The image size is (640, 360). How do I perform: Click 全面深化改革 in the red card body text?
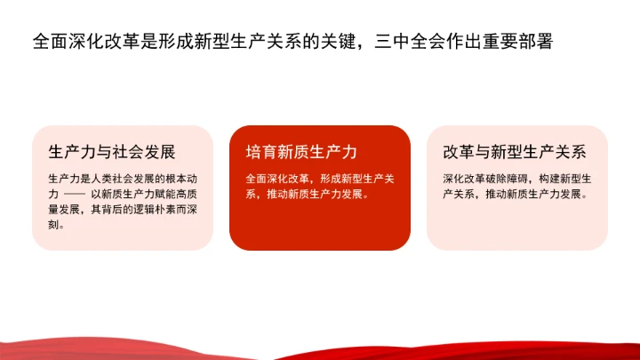tap(277, 178)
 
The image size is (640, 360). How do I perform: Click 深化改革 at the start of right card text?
tap(464, 178)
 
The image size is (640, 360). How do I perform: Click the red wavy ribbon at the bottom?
tap(320, 348)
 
